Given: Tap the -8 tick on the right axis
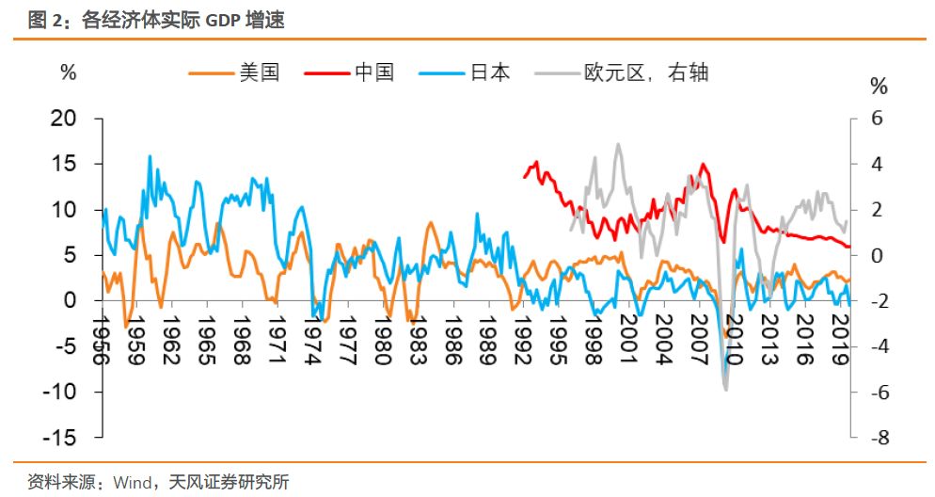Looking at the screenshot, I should point(878,438).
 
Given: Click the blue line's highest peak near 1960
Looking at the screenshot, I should point(150,156).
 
